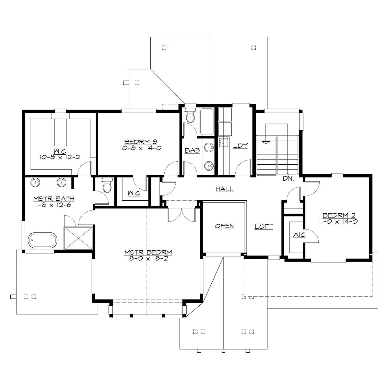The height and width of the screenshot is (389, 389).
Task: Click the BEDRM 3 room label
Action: tap(141, 142)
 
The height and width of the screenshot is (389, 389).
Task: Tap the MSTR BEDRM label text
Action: tap(148, 252)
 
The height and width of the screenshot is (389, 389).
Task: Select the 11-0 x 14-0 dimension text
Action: tap(338, 221)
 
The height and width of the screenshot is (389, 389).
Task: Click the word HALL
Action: tap(225, 189)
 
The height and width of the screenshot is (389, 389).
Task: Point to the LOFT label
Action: tap(264, 227)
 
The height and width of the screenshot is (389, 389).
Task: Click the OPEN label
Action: tap(224, 226)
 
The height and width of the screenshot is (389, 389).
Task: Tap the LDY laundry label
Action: tap(240, 146)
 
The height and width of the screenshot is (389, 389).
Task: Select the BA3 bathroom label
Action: tap(192, 150)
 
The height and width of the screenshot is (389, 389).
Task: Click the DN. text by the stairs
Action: tap(288, 179)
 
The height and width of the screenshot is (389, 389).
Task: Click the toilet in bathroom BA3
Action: tap(190, 115)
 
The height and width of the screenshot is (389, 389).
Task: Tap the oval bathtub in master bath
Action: tap(42, 240)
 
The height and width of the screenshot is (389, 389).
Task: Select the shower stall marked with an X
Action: tap(78, 238)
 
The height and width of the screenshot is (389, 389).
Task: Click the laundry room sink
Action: tap(223, 143)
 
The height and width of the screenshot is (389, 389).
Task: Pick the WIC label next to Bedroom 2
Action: tap(299, 235)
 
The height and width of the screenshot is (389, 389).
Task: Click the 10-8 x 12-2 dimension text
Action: tap(60, 157)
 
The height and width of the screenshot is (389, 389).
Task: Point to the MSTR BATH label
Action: tap(54, 199)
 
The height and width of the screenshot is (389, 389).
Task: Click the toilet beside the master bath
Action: tap(107, 185)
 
